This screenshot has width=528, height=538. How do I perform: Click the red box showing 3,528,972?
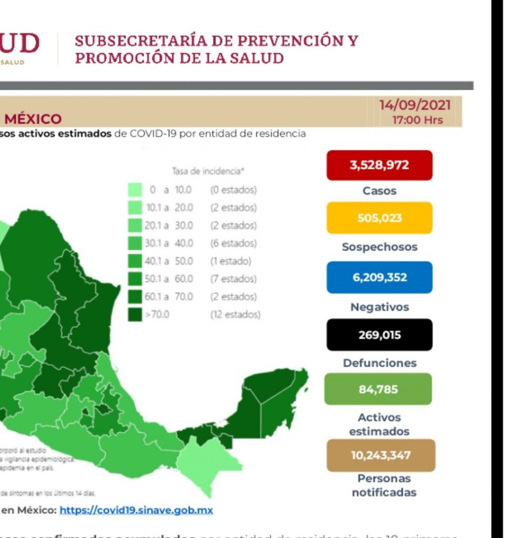[379, 165]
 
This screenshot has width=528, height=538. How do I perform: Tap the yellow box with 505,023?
[379, 218]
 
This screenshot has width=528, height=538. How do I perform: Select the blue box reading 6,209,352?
[379, 277]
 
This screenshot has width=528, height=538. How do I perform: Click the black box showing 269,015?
[379, 335]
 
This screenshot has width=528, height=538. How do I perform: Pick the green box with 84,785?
[378, 389]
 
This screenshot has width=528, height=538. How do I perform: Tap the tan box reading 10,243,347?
[381, 455]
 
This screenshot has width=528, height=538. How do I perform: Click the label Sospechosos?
[379, 247]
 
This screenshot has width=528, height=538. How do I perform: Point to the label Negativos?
[379, 307]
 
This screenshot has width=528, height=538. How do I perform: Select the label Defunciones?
[379, 363]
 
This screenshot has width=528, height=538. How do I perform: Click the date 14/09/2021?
[415, 105]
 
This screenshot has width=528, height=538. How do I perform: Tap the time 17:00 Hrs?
[418, 120]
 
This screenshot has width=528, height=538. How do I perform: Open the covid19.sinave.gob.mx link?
[136, 510]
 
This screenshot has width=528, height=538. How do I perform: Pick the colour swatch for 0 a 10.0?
[135, 190]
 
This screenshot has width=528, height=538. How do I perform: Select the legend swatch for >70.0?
[135, 315]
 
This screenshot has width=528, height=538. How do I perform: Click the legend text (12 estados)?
[235, 315]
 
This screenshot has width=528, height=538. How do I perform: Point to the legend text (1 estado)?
[230, 261]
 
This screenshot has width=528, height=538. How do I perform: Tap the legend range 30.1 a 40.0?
[169, 243]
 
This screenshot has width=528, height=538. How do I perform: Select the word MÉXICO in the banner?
[33, 119]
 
